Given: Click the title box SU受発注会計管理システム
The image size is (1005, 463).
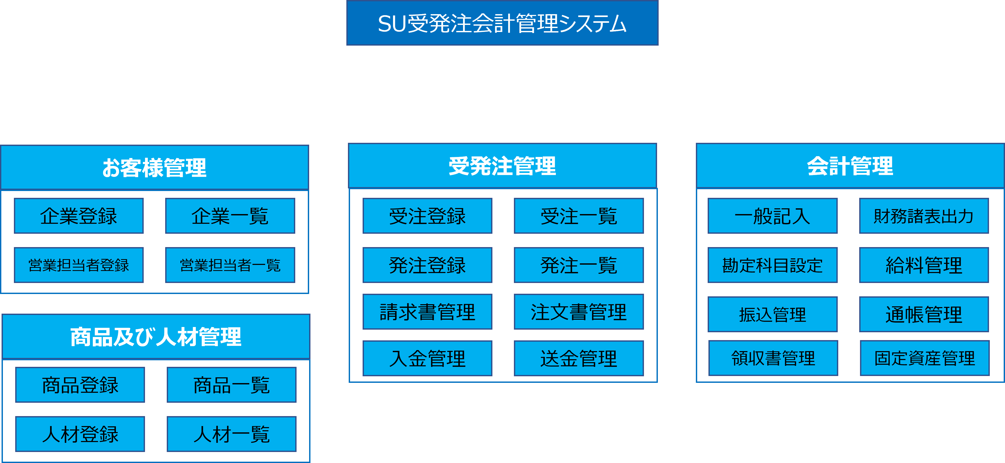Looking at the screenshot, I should click(502, 23).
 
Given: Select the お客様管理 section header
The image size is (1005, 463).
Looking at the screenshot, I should click(154, 168).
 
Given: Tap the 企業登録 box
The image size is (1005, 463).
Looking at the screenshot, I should click(79, 216).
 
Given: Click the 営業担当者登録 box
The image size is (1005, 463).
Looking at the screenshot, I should click(79, 265).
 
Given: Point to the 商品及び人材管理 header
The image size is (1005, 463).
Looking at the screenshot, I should click(156, 337).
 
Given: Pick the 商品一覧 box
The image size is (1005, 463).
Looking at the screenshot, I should click(231, 385).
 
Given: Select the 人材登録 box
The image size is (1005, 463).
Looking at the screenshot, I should click(80, 434).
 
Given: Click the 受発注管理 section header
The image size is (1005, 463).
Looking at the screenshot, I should click(502, 166).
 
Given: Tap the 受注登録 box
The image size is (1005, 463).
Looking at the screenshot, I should click(427, 216).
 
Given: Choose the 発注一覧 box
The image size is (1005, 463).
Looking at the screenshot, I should click(579, 265).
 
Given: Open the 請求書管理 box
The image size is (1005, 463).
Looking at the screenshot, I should click(427, 312).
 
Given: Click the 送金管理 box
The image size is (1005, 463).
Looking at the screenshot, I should click(579, 358).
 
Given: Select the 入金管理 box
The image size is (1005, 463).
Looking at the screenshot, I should click(427, 358).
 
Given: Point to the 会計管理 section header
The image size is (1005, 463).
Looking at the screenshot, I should click(850, 166).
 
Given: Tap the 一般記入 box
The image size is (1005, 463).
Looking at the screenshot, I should click(772, 216).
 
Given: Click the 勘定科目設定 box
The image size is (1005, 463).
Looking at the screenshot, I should click(772, 265).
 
